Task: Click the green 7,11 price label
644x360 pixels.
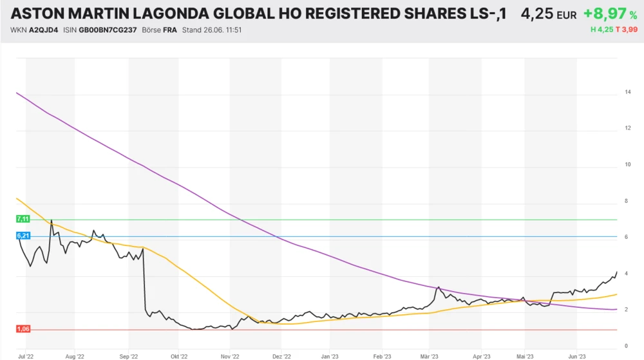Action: click(x=23, y=220)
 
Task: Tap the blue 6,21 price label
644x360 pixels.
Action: click(x=23, y=236)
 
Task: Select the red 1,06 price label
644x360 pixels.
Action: click(x=23, y=329)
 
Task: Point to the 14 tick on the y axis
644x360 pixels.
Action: click(x=627, y=93)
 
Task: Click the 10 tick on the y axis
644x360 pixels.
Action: click(x=627, y=165)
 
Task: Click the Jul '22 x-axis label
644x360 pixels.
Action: click(x=26, y=355)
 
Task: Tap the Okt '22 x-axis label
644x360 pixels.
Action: click(x=179, y=355)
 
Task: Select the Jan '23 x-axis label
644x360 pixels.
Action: click(x=330, y=355)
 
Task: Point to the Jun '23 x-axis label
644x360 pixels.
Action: click(x=577, y=355)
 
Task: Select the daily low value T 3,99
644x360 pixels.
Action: click(x=627, y=30)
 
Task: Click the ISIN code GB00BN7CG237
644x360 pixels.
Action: click(x=108, y=30)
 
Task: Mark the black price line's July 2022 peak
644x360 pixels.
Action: click(x=52, y=221)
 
